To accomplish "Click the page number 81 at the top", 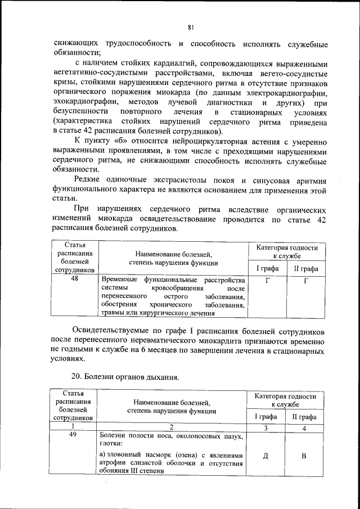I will pyautogui.click(x=191, y=26).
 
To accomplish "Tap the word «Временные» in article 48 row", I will pyautogui.click(x=119, y=280).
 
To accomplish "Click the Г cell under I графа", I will pyautogui.click(x=267, y=280).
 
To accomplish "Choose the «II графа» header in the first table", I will pyautogui.click(x=306, y=268).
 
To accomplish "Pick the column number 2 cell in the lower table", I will pyautogui.click(x=172, y=427).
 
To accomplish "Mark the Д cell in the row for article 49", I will pyautogui.click(x=265, y=456).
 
